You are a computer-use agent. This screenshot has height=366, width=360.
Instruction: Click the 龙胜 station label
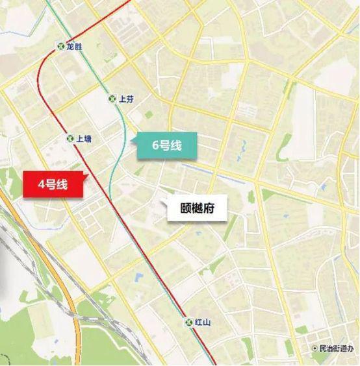73,47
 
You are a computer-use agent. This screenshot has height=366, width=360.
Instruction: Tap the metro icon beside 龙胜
60,47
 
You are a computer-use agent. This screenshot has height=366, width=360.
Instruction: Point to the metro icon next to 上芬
112,99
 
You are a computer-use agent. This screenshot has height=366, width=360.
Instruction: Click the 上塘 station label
83,138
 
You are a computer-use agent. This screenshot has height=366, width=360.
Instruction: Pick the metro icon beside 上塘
70,138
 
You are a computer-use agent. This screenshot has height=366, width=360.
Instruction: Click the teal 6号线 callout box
166,146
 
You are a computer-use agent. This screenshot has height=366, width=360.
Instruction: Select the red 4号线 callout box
54,184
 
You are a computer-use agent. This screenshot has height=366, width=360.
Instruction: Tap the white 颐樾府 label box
197,209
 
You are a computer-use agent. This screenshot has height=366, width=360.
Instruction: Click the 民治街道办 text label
335,348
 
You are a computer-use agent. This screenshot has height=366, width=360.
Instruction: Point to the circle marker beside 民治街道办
315,348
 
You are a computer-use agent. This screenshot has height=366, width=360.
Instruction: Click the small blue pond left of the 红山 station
138,278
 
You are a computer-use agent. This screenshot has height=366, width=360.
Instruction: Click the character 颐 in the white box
185,209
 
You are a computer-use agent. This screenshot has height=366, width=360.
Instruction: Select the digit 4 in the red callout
42,184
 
